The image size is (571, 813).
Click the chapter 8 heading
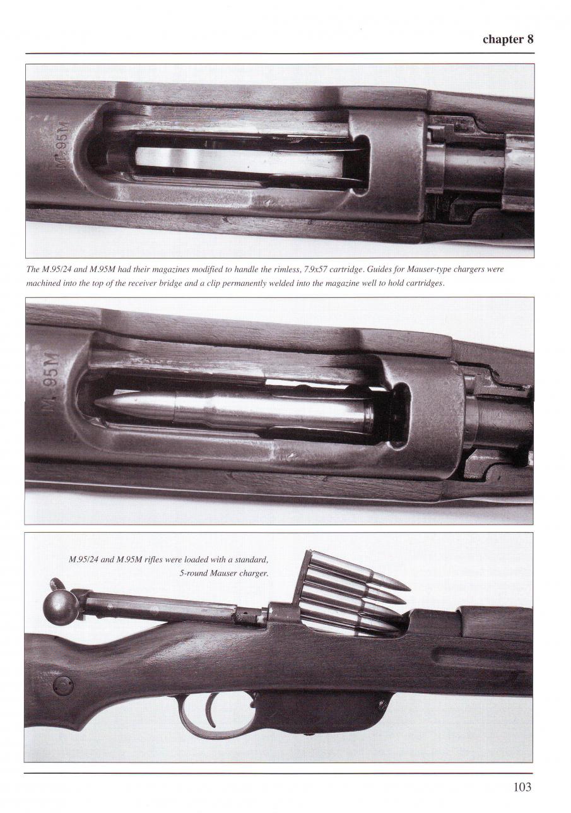coord(508,39)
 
